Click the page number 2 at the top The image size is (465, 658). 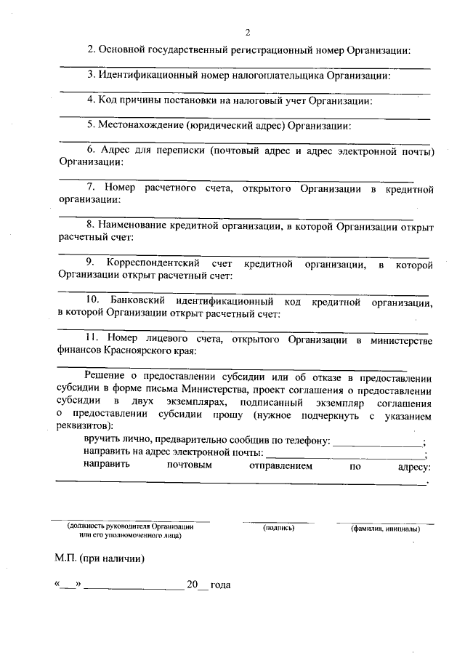(248, 33)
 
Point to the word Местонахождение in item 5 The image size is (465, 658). (141, 124)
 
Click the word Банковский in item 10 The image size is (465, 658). (137, 300)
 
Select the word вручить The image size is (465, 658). (100, 439)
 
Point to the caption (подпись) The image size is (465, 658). (278, 528)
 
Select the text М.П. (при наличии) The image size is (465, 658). (100, 560)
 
